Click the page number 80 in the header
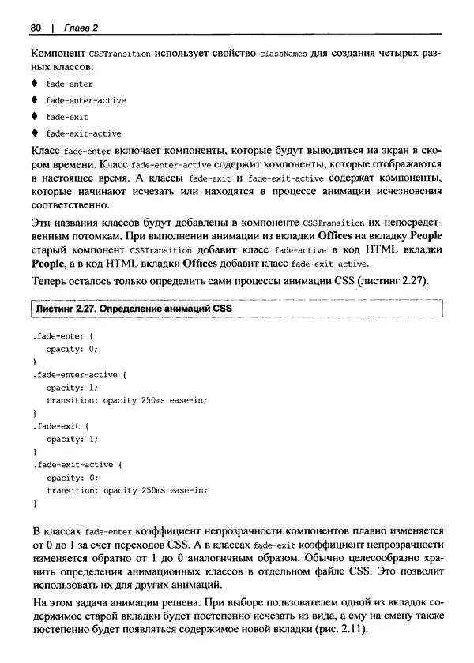(x=36, y=28)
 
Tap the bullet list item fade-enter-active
(x=85, y=100)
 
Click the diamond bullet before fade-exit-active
(x=34, y=133)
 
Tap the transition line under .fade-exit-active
(x=126, y=489)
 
